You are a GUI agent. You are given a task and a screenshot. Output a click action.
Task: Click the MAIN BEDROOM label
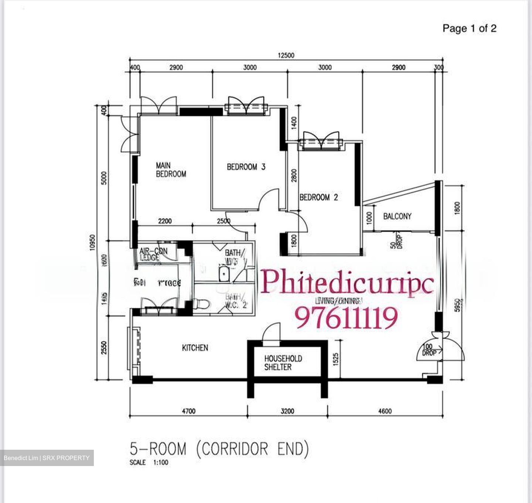point(171,170)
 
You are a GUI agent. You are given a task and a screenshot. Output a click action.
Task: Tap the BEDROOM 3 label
point(246,167)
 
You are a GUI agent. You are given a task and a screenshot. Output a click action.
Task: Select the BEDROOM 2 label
point(318,198)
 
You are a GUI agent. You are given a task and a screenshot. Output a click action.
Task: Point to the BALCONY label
point(397,216)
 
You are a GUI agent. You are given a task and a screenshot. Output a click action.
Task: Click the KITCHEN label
point(195,348)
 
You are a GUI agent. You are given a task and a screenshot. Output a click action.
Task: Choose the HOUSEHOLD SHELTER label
point(283,363)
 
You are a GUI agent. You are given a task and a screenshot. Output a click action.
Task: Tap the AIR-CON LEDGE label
point(153,254)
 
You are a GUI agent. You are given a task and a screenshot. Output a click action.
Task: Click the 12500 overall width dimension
point(286,55)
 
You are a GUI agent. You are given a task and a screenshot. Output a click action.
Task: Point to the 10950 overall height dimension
point(93,242)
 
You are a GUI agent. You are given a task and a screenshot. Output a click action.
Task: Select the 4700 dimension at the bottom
point(188,411)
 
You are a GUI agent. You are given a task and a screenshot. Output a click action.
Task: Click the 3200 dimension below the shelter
point(287,411)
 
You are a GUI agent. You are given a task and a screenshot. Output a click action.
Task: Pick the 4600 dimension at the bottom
point(385,411)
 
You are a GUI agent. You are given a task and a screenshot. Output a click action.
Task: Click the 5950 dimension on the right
point(458,305)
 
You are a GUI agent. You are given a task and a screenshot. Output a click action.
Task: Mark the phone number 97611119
point(346,318)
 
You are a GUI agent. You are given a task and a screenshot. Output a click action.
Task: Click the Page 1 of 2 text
point(469,28)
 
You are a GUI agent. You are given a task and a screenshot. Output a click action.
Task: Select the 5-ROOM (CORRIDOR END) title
point(219,449)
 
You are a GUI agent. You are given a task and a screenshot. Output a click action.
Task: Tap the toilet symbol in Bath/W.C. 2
point(202,304)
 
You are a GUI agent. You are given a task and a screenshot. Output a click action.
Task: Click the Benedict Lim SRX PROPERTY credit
point(47,458)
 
